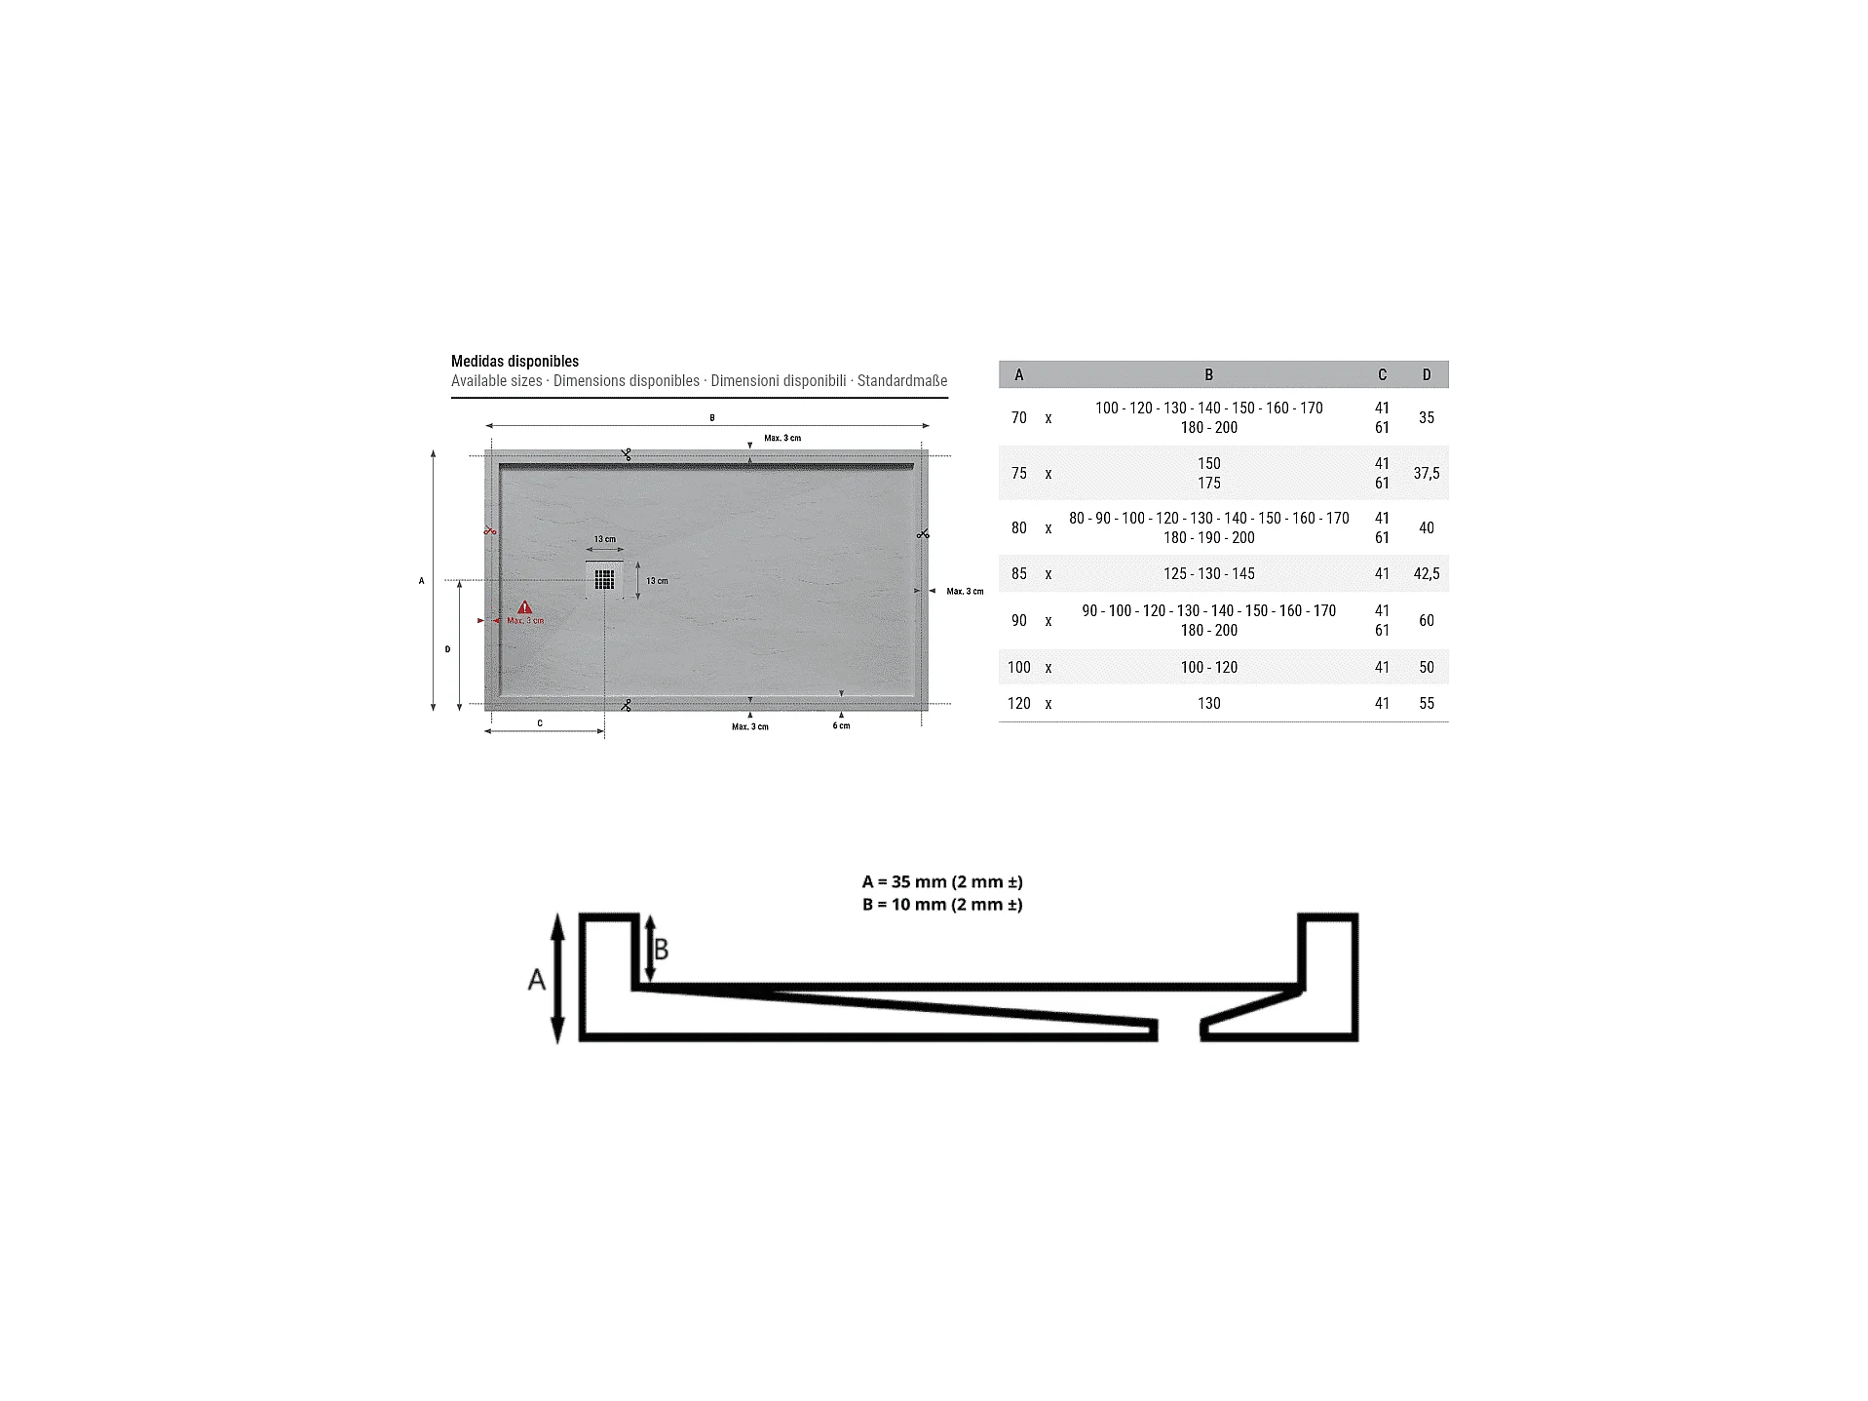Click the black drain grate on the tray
pyautogui.click(x=604, y=580)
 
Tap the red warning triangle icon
pyautogui.click(x=524, y=607)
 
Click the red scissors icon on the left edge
pyautogui.click(x=490, y=530)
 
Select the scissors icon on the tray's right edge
pyautogui.click(x=923, y=533)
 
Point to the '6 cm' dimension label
pyautogui.click(x=841, y=725)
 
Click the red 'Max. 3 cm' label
pyautogui.click(x=525, y=621)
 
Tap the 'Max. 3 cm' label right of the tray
pyautogui.click(x=965, y=591)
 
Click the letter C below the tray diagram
pyautogui.click(x=540, y=722)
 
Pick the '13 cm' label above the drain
pyautogui.click(x=605, y=539)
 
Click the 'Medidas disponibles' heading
pyautogui.click(x=515, y=361)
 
